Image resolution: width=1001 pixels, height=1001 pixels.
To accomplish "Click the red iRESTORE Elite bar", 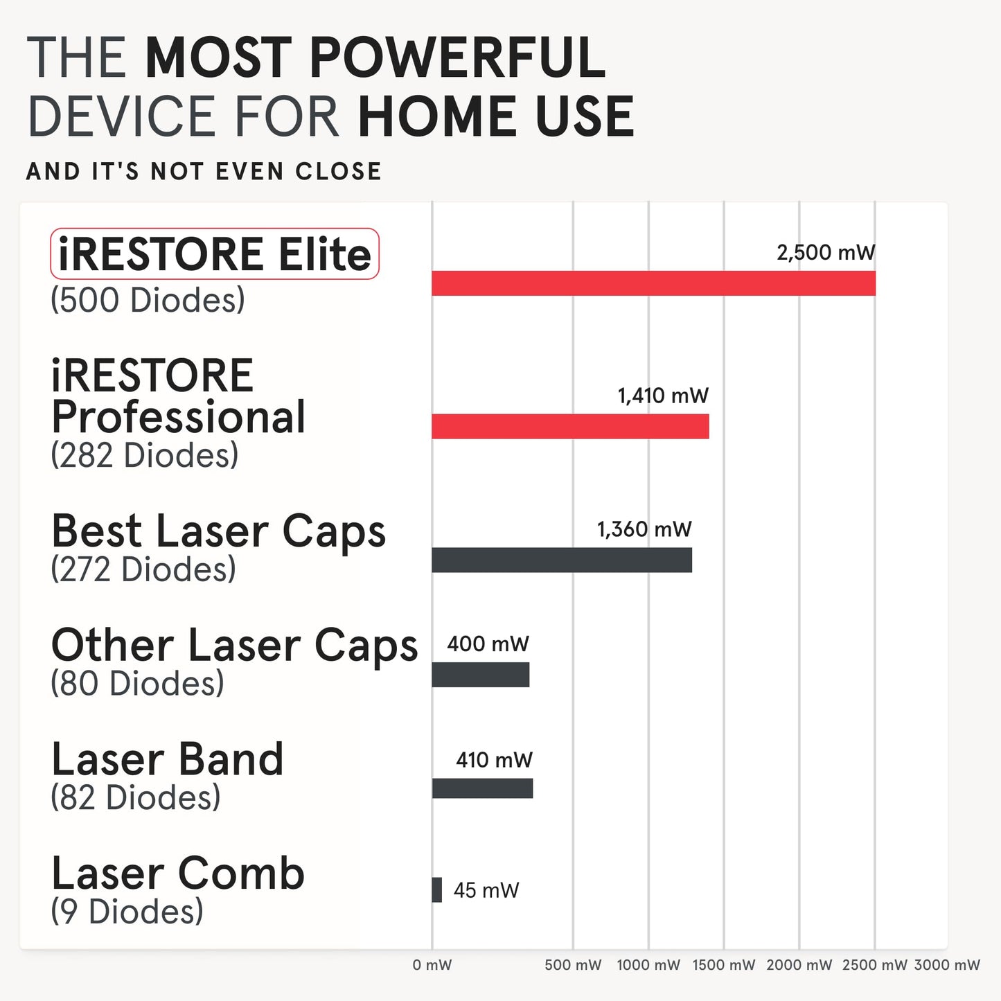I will point(653,283).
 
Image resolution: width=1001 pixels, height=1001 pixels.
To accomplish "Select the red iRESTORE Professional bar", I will point(570,426).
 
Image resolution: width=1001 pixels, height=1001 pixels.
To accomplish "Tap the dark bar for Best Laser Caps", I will point(562,560).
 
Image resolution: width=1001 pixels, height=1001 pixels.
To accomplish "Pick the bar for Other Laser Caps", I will point(481,675).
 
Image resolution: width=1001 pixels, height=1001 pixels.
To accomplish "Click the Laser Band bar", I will point(482,788).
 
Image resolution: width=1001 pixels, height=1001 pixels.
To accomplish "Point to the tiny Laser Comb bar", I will point(437,890).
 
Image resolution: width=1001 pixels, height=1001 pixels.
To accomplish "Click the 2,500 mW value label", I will point(826,253).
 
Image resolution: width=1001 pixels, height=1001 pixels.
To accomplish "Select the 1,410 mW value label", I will point(663,396).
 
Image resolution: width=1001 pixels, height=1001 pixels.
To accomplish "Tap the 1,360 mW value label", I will point(644,530).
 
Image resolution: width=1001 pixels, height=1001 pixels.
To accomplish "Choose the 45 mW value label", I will point(486,890).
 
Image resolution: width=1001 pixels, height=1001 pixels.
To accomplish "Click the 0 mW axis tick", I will point(432,965).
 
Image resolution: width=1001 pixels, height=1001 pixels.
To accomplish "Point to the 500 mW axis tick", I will point(573,965).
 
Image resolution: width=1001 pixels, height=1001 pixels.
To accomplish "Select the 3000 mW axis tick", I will point(947,965).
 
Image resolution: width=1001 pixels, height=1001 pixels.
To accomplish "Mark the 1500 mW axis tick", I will point(724,965).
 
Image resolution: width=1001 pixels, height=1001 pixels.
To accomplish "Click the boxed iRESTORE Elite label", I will point(215,254).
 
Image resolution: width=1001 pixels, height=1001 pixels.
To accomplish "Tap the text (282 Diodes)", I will point(144,455).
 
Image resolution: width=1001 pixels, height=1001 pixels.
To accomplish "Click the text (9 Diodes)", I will point(127,911).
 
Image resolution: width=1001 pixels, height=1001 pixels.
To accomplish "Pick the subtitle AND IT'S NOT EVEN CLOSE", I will point(204,171).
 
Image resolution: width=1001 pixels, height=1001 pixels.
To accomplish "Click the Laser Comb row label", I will point(178,874).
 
